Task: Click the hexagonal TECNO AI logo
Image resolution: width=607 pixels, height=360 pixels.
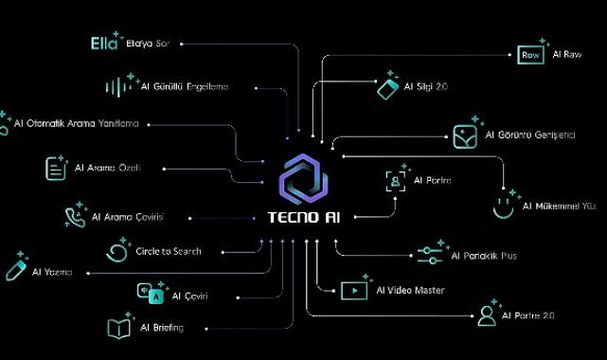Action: pos(304,178)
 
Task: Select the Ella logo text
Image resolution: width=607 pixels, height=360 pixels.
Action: pos(102,44)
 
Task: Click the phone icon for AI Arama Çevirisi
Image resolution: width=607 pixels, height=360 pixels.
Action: pos(74,217)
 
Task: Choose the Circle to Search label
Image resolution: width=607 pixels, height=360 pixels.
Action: pos(169,252)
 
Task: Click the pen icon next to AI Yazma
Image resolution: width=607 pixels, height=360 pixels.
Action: pos(16,266)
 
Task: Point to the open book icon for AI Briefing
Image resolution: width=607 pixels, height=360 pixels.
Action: pos(118,328)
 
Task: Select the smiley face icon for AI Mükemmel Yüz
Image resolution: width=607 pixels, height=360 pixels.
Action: pos(506,205)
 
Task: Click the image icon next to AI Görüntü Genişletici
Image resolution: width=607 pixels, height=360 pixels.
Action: pos(464,135)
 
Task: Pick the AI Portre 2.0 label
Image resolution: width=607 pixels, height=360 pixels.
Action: pos(528,315)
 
